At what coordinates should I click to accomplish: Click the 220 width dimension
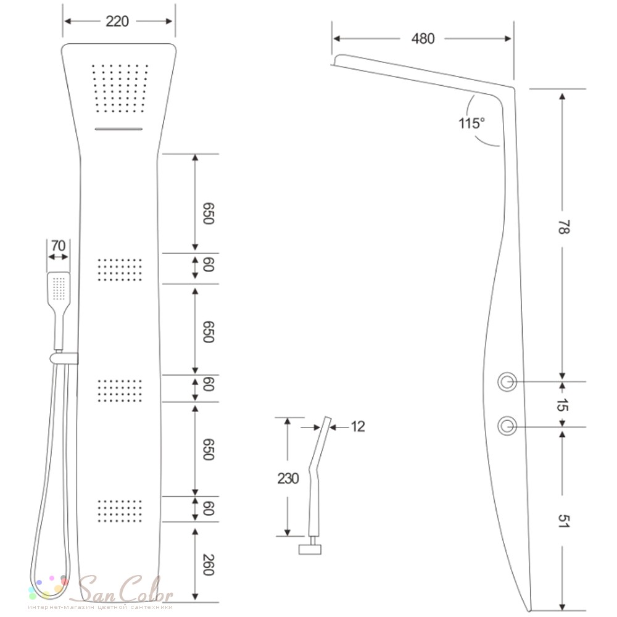[117, 21]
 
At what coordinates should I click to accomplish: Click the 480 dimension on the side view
[423, 38]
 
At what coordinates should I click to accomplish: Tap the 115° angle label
[471, 123]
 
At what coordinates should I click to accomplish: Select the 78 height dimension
[563, 227]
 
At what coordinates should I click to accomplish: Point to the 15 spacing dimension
[563, 404]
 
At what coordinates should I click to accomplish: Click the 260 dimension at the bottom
[208, 565]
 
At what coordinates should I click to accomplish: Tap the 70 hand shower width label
[58, 246]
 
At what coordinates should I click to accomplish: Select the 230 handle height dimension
[288, 479]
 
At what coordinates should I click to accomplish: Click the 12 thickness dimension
[358, 426]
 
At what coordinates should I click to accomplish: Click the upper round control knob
[507, 382]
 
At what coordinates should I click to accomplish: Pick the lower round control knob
[507, 426]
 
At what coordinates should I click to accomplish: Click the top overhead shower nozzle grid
[120, 88]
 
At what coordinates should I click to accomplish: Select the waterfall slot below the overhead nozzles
[118, 129]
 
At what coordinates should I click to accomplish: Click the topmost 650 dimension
[208, 213]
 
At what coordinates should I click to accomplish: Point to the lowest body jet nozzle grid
[120, 511]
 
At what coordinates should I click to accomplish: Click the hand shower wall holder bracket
[64, 358]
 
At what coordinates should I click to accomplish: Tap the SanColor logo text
[126, 589]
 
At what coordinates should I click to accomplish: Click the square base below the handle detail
[310, 549]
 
